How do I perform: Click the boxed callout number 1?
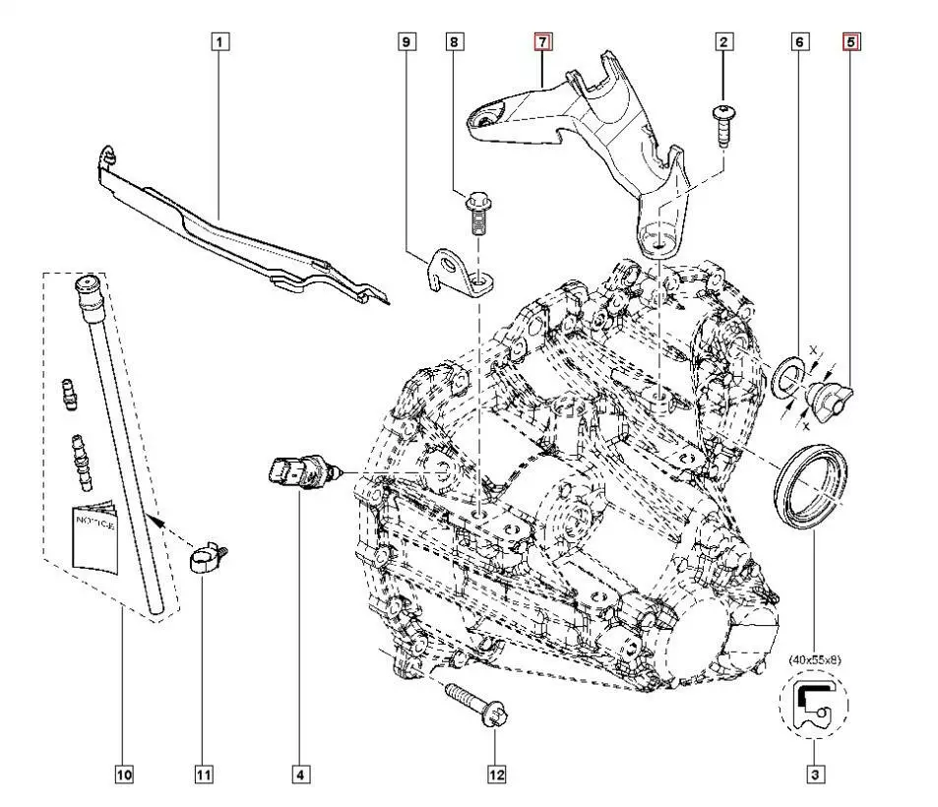pos(219,41)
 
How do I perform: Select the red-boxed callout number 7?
pos(543,41)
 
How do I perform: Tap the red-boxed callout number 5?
pos(850,41)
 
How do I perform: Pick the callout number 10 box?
pos(123,776)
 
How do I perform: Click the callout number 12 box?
pos(496,776)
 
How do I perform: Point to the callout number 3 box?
pos(815,776)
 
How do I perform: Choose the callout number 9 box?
pos(406,41)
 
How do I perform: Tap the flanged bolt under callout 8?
pos(479,216)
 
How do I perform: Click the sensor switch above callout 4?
pos(301,473)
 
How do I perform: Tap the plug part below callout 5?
pos(828,398)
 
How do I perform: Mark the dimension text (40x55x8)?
pos(814,660)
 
